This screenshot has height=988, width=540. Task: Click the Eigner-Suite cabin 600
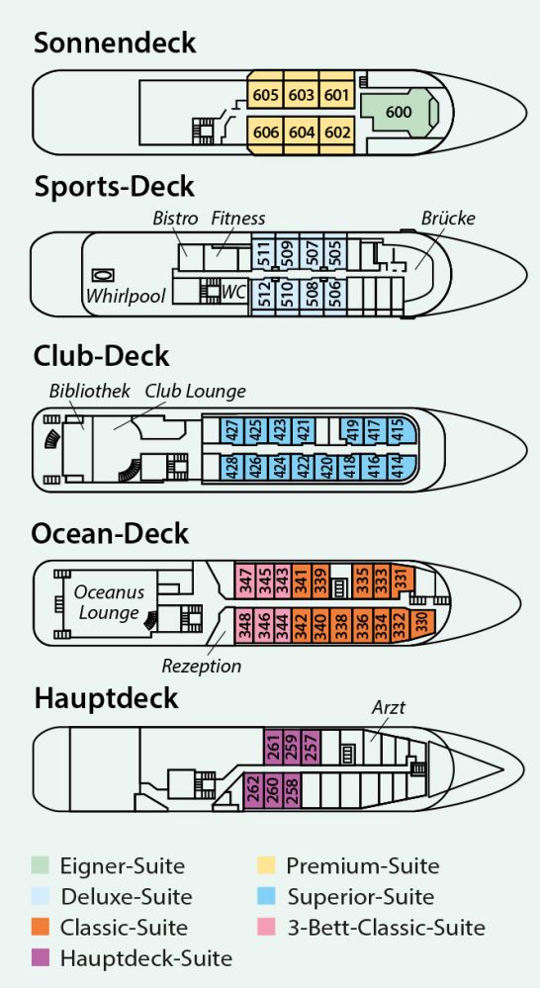coord(399,112)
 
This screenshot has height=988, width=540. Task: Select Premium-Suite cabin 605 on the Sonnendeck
coord(265,94)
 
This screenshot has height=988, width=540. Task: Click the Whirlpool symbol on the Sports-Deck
coord(103,275)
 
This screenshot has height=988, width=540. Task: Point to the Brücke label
coord(448,218)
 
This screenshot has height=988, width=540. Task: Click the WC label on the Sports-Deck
coord(233,292)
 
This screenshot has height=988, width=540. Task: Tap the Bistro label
coord(175,219)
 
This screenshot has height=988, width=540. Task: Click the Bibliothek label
coord(89,391)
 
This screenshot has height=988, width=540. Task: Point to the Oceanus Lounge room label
coord(109,602)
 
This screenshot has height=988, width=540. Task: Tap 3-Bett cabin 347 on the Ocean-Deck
coord(244,581)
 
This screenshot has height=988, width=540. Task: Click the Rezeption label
coord(202,666)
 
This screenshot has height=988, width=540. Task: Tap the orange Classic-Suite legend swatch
coord(41,928)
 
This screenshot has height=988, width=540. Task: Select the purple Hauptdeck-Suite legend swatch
coord(41,958)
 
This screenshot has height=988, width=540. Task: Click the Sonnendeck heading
coord(115,43)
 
